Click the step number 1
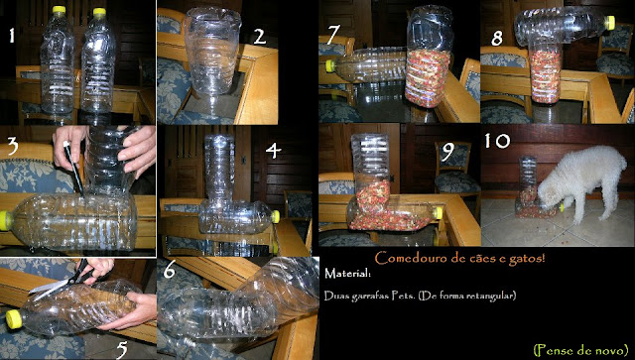(x=12, y=36)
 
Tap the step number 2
(x=260, y=37)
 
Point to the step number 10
(x=497, y=141)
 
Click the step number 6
(x=169, y=272)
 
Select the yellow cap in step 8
(x=610, y=23)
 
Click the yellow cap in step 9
(x=438, y=213)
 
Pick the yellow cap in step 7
(x=330, y=66)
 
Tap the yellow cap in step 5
(x=14, y=319)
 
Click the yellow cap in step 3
(x=5, y=221)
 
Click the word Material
(x=347, y=274)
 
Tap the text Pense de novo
(x=580, y=349)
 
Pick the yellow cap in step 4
(x=276, y=216)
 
